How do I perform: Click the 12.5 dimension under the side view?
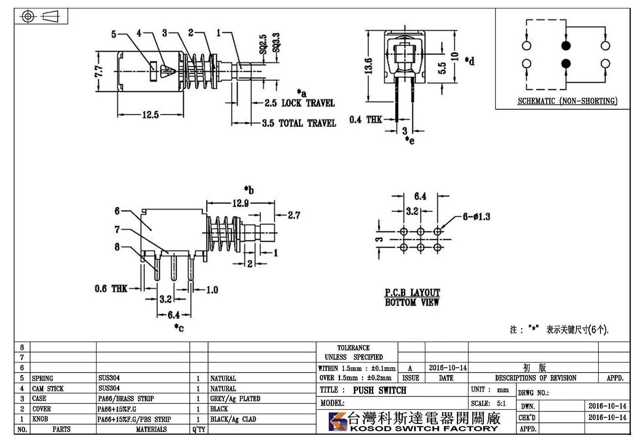pyautogui.click(x=151, y=115)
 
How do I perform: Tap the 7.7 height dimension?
pyautogui.click(x=99, y=71)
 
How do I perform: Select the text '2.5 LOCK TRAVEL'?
pyautogui.click(x=299, y=103)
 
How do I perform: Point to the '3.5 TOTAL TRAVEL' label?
pyautogui.click(x=299, y=123)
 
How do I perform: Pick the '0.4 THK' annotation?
pyautogui.click(x=366, y=119)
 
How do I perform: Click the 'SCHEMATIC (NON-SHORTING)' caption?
pyautogui.click(x=568, y=101)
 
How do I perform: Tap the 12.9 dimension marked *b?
pyautogui.click(x=240, y=203)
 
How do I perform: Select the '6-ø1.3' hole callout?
pyautogui.click(x=477, y=217)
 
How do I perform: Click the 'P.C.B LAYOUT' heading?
pyautogui.click(x=412, y=292)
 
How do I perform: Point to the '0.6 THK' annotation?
pyautogui.click(x=111, y=288)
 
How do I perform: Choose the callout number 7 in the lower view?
pyautogui.click(x=117, y=230)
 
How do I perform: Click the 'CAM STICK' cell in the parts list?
pyautogui.click(x=48, y=389)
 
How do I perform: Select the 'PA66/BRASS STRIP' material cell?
pyautogui.click(x=126, y=399)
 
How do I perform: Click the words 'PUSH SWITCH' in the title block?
pyautogui.click(x=380, y=390)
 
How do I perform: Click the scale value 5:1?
pyautogui.click(x=502, y=404)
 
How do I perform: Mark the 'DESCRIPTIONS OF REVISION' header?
pyautogui.click(x=536, y=378)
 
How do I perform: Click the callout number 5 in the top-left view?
pyautogui.click(x=114, y=34)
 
